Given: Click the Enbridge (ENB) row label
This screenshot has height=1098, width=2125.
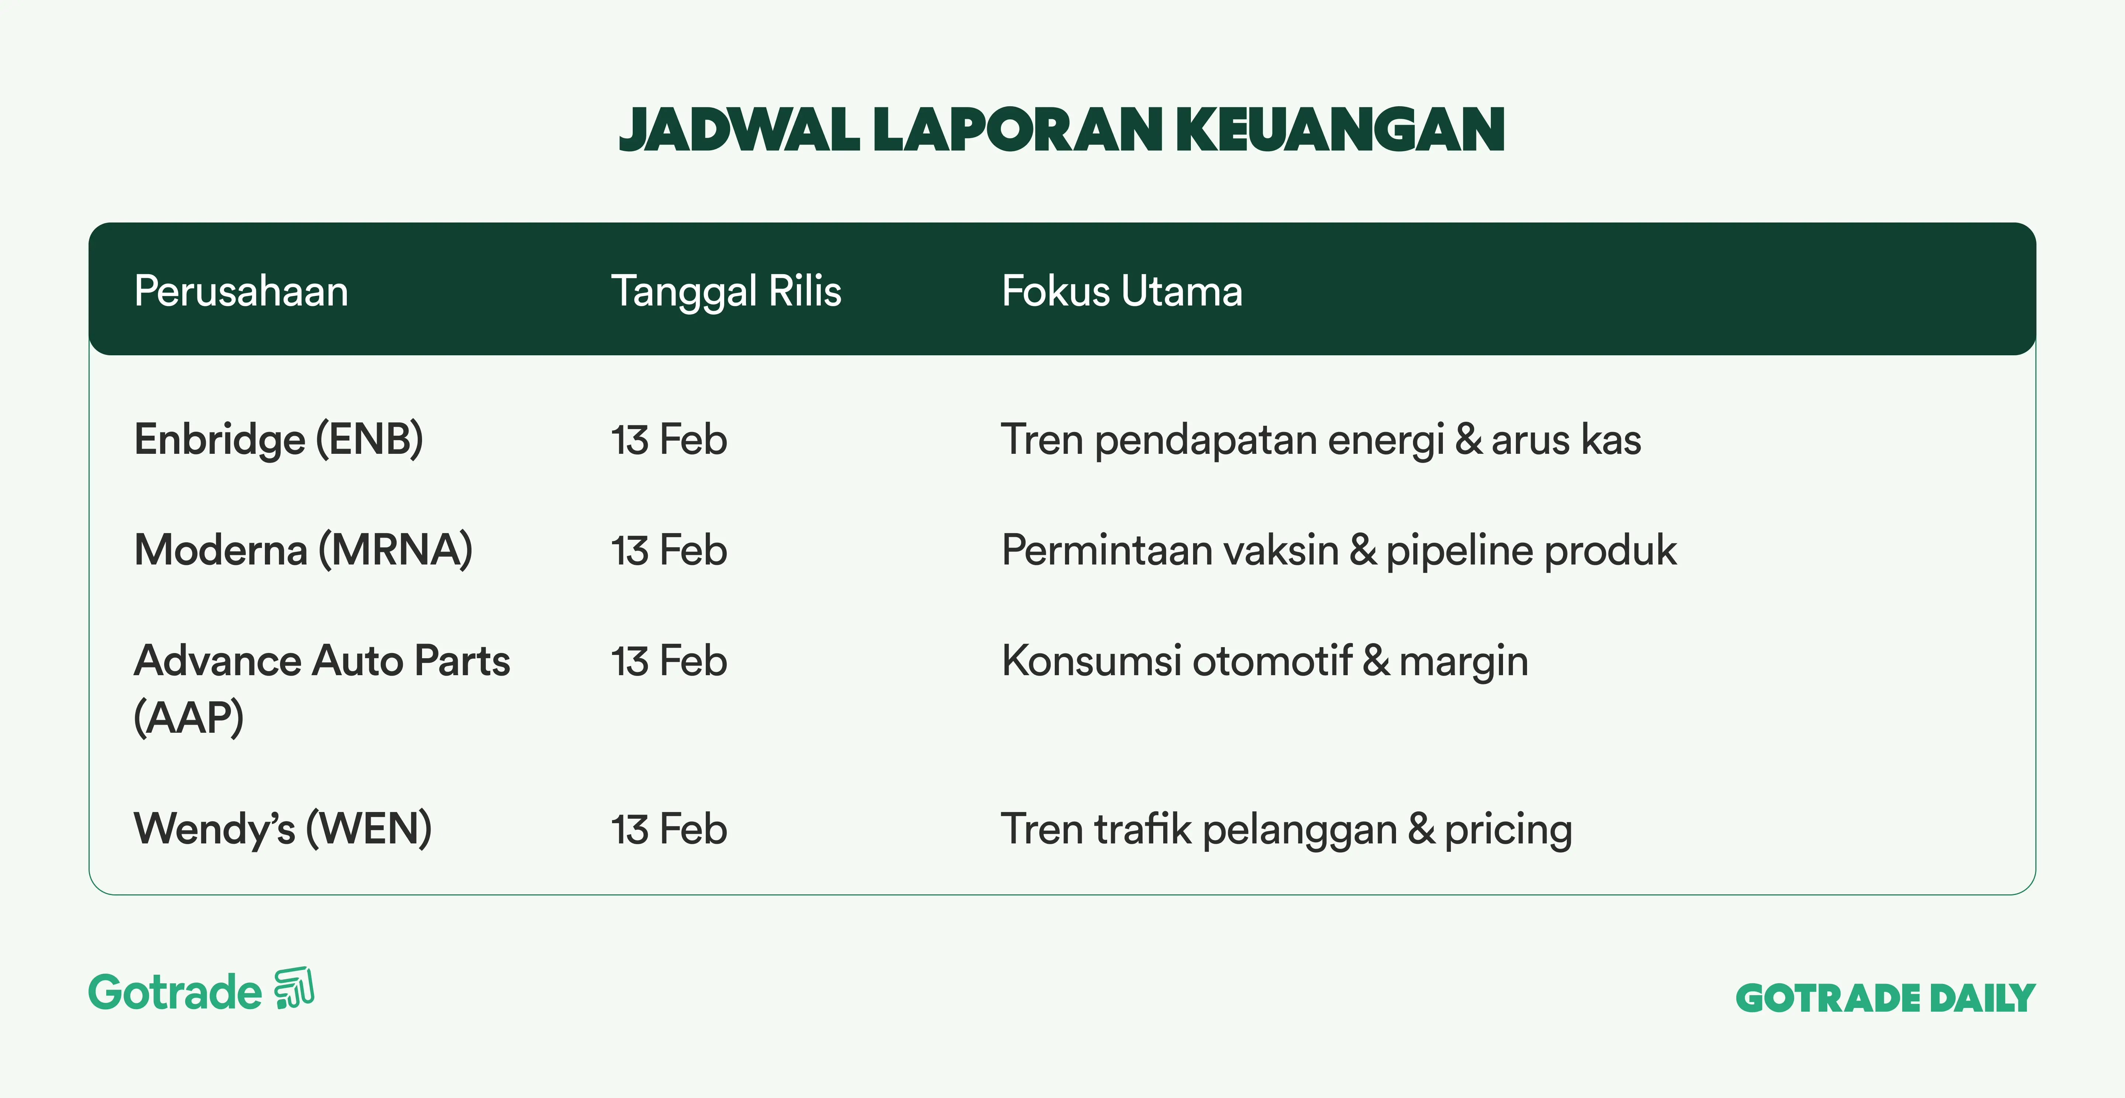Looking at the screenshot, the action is click(279, 439).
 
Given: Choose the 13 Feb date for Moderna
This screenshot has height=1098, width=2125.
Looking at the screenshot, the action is click(669, 550).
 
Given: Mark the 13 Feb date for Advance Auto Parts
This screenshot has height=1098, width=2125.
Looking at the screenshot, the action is click(669, 661).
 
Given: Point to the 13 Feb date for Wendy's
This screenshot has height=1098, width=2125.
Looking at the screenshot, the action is click(669, 829).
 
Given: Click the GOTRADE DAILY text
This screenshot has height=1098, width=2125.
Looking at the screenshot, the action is click(1886, 998).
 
